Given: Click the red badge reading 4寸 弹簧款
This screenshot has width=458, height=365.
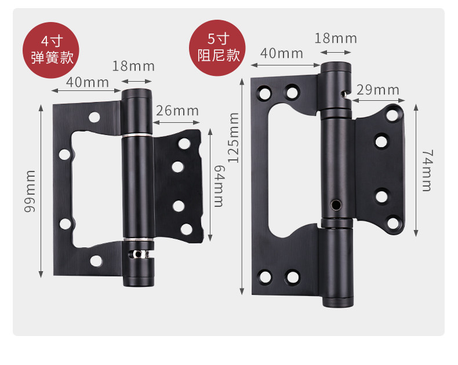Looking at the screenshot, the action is pyautogui.click(x=51, y=50).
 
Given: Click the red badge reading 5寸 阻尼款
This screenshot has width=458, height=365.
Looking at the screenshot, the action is pyautogui.click(x=217, y=48).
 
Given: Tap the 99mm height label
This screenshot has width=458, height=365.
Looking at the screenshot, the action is pyautogui.click(x=30, y=191).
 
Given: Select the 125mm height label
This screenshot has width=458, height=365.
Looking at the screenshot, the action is pyautogui.click(x=234, y=137).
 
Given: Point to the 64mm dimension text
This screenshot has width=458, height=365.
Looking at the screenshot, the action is pyautogui.click(x=219, y=186).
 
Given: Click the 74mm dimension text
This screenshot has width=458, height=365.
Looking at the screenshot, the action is pyautogui.click(x=427, y=170).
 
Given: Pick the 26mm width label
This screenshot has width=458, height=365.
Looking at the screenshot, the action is pyautogui.click(x=177, y=111).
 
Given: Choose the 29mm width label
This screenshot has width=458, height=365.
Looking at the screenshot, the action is pyautogui.click(x=377, y=90).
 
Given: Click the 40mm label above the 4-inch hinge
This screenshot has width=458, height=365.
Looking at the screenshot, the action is pyautogui.click(x=88, y=82).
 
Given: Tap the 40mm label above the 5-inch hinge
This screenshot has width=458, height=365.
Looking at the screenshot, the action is pyautogui.click(x=282, y=53).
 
